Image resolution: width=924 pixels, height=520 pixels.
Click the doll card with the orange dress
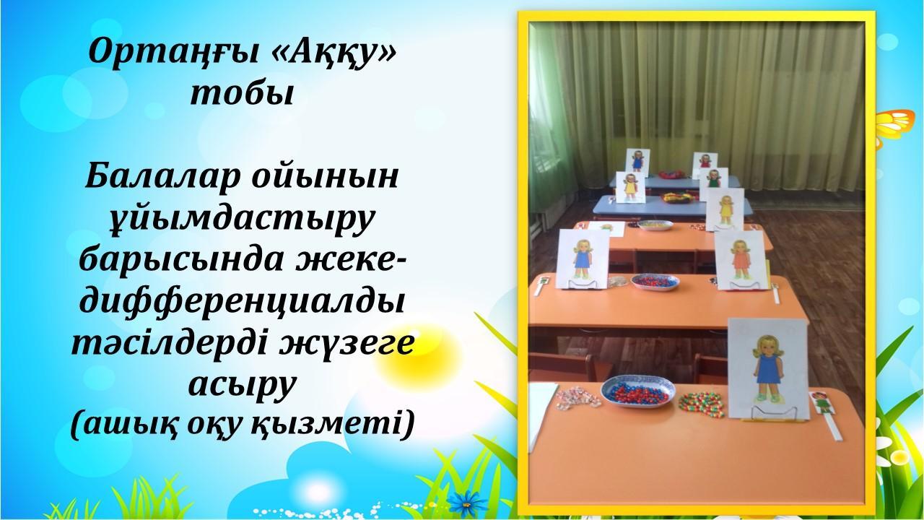tap(741, 261)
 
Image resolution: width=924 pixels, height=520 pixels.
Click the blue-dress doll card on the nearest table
tap(767, 369)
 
